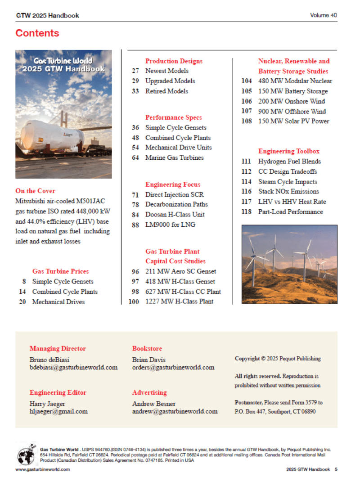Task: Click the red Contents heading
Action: click(x=37, y=33)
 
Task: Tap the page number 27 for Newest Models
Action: click(x=135, y=71)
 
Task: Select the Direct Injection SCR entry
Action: click(x=174, y=195)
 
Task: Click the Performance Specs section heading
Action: click(x=173, y=117)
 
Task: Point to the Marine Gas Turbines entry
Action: click(x=174, y=157)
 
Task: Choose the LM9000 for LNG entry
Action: click(x=170, y=225)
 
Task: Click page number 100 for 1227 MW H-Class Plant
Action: click(x=134, y=301)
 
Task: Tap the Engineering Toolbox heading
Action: click(x=288, y=151)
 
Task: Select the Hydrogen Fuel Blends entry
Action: click(x=289, y=162)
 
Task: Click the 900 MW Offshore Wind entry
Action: click(x=292, y=111)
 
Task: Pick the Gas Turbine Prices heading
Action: click(x=60, y=271)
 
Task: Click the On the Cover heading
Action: click(x=35, y=191)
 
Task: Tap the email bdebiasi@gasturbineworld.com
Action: click(x=73, y=367)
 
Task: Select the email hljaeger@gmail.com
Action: click(x=58, y=411)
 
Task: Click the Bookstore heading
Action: click(x=147, y=348)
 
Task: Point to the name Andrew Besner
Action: click(x=153, y=404)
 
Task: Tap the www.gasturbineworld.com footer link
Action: click(x=43, y=469)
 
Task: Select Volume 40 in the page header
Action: click(x=323, y=15)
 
